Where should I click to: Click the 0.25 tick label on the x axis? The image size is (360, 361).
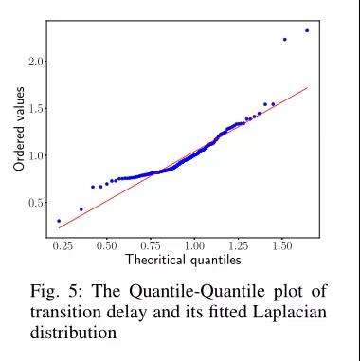click(63, 245)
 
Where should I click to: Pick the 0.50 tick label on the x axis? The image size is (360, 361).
click(106, 245)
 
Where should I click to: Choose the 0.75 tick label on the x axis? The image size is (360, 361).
click(151, 245)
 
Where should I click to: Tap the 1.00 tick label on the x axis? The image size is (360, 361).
click(194, 245)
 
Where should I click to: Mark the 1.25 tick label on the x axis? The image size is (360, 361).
click(238, 245)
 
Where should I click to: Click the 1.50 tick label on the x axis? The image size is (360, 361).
click(281, 245)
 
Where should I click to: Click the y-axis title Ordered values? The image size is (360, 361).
click(19, 129)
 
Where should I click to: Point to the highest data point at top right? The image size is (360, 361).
click(307, 30)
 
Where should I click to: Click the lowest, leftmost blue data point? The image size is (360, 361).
click(59, 221)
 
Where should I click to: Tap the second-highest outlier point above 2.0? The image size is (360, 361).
click(284, 40)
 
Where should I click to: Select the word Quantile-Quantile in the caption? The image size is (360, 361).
click(197, 291)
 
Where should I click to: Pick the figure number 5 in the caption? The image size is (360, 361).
click(77, 291)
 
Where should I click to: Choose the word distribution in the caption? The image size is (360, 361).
click(73, 332)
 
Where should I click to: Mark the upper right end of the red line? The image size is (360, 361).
click(307, 87)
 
